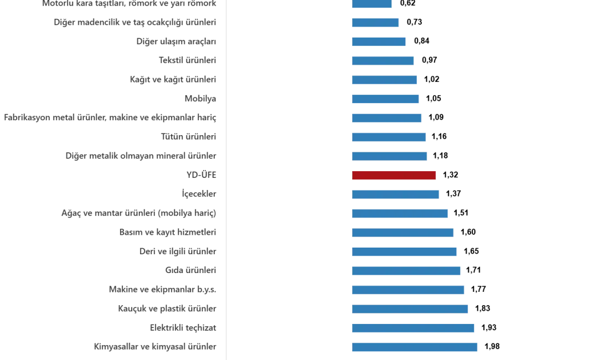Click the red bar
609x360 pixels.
[x=394, y=176]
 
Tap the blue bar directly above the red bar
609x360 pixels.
[x=389, y=157]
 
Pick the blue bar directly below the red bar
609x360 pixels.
[x=396, y=194]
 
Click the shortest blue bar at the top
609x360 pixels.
[x=371, y=4]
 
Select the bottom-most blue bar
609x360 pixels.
[x=414, y=347]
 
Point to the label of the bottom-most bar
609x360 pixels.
[x=154, y=347]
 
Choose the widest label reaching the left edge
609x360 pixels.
[x=109, y=118]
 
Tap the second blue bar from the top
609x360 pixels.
[x=376, y=24]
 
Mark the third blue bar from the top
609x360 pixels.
[x=379, y=42]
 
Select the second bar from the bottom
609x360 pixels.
[x=414, y=329]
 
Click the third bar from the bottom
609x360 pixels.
[x=410, y=308]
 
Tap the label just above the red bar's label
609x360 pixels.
[x=139, y=156]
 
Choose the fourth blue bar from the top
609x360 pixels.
[x=383, y=60]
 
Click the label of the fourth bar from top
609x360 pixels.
[x=185, y=60]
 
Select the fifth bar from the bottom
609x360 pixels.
[x=405, y=271]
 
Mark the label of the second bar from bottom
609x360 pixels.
[x=181, y=328]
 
